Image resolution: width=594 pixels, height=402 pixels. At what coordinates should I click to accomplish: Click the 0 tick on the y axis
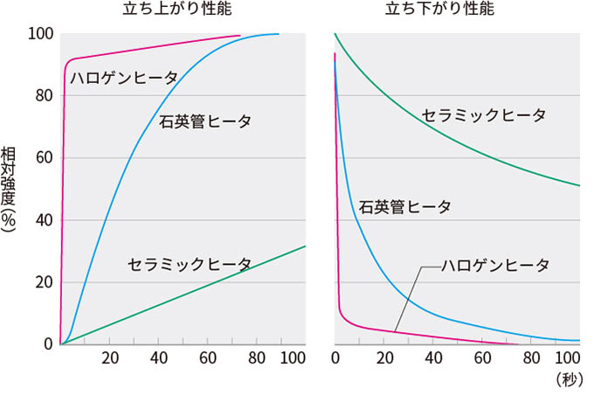coord(48,344)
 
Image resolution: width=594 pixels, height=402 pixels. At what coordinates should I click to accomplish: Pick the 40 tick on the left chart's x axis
coord(159,357)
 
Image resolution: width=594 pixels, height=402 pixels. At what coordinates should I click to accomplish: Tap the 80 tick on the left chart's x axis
coord(257,357)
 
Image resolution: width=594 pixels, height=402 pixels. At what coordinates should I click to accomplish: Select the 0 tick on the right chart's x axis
coord(336,357)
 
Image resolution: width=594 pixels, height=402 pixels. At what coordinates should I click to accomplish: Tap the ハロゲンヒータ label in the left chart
coord(124,78)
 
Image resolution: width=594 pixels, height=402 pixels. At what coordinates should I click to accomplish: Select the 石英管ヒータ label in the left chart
coord(205,121)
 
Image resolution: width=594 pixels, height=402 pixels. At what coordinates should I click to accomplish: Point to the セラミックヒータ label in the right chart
coord(483,115)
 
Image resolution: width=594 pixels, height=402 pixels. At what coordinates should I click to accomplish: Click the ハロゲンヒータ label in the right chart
coord(495,265)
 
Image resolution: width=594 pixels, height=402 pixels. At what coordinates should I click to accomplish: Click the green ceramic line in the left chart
coord(183,295)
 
